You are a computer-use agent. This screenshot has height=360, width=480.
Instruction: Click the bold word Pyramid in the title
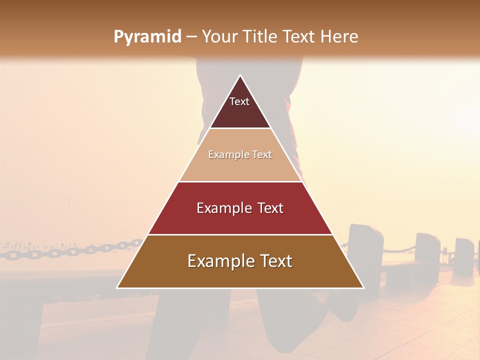147,37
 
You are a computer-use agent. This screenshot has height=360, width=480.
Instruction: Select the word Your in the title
219,37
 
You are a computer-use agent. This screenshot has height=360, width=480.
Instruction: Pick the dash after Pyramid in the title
191,37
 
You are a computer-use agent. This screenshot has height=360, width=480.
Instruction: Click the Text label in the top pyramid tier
239,101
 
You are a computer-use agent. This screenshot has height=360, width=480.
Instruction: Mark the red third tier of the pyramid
240,220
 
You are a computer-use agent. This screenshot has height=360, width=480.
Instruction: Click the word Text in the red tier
271,208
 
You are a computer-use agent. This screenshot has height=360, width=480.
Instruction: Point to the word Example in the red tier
223,208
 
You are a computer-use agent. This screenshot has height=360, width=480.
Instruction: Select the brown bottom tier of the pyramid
240,275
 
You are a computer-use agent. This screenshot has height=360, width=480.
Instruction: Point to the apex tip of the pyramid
240,76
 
